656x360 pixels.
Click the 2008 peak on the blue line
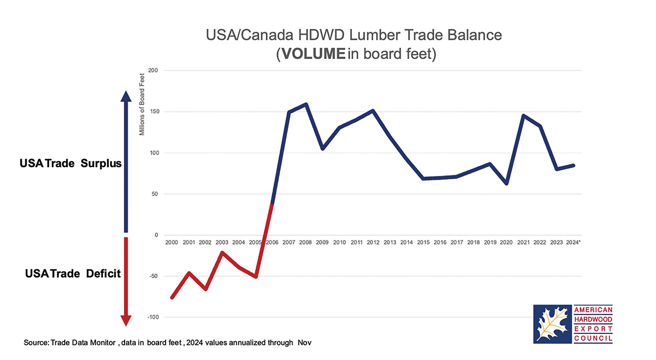click(x=306, y=104)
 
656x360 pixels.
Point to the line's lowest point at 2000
click(x=172, y=298)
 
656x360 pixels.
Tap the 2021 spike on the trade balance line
click(x=523, y=115)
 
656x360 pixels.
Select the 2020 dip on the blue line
click(x=506, y=183)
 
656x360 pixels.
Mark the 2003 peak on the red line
click(x=222, y=253)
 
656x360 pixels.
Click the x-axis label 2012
click(x=373, y=243)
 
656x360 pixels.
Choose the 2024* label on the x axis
click(x=573, y=243)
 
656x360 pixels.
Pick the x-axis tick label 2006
click(x=272, y=243)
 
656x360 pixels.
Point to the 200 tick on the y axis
click(x=153, y=71)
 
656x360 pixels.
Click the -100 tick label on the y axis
click(x=152, y=317)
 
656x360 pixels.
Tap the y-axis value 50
click(x=154, y=194)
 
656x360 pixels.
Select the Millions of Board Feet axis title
click(x=141, y=104)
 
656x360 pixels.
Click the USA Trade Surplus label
click(x=71, y=164)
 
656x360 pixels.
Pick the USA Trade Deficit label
click(x=73, y=273)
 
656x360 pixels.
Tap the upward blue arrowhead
click(x=126, y=98)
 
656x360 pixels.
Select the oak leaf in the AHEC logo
click(x=552, y=324)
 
